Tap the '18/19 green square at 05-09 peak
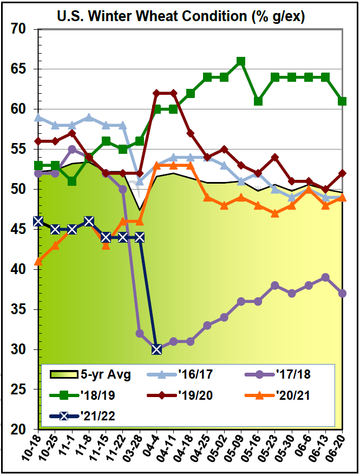click(241, 61)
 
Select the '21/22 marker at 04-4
click(156, 349)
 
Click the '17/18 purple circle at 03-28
click(140, 333)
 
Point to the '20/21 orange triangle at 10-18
click(38, 262)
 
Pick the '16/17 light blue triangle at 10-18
click(38, 117)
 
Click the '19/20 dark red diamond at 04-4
click(156, 93)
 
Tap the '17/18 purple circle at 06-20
click(343, 294)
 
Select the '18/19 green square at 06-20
click(343, 101)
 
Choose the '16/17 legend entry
click(184, 373)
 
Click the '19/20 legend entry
click(184, 395)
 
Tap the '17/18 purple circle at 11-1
click(72, 149)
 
